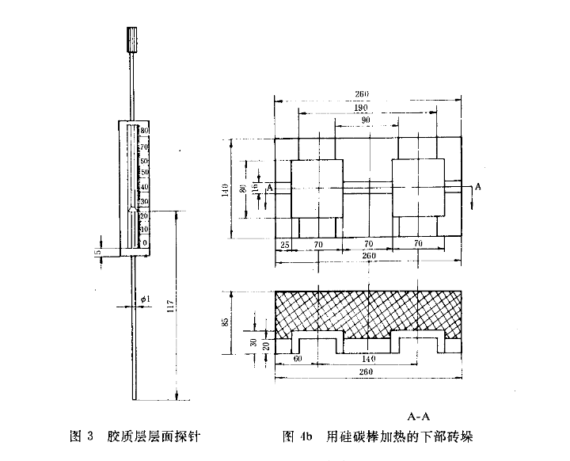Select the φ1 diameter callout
click(x=145, y=298)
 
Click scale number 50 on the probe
click(x=144, y=171)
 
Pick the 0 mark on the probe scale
click(x=144, y=242)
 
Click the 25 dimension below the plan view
click(x=283, y=246)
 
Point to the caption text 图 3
click(x=82, y=436)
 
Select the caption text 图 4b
click(x=298, y=436)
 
